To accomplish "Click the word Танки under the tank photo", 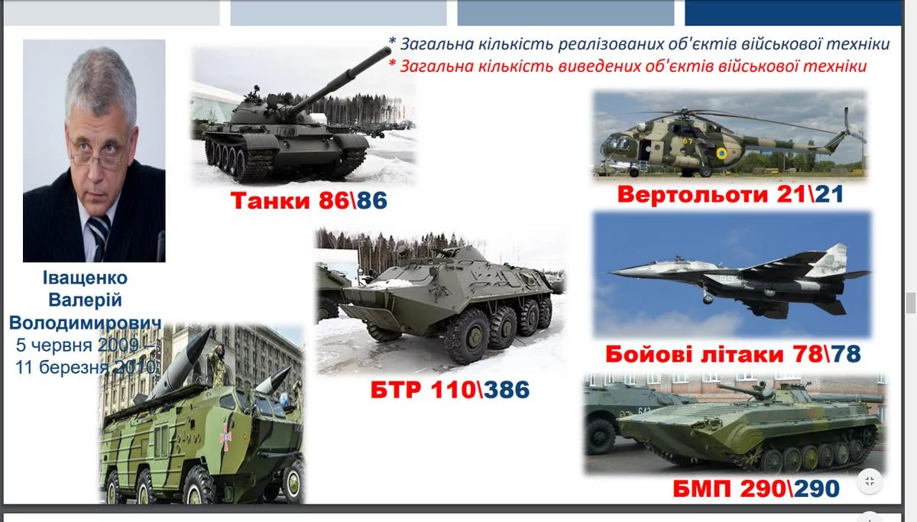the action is click(271, 200).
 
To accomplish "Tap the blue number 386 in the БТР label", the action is click(507, 389).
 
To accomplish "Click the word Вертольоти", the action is click(692, 194).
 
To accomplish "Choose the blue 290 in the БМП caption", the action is click(817, 488).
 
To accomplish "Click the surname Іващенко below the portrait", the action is click(85, 278).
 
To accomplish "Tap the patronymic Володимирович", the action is click(85, 323).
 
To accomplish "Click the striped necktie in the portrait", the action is click(99, 236).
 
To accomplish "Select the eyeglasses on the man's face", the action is click(99, 152).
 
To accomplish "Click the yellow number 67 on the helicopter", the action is click(687, 141).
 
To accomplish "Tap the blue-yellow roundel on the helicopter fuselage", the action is click(721, 154).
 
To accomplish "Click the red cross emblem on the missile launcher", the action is click(225, 437).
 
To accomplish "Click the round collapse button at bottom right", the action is click(870, 481).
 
